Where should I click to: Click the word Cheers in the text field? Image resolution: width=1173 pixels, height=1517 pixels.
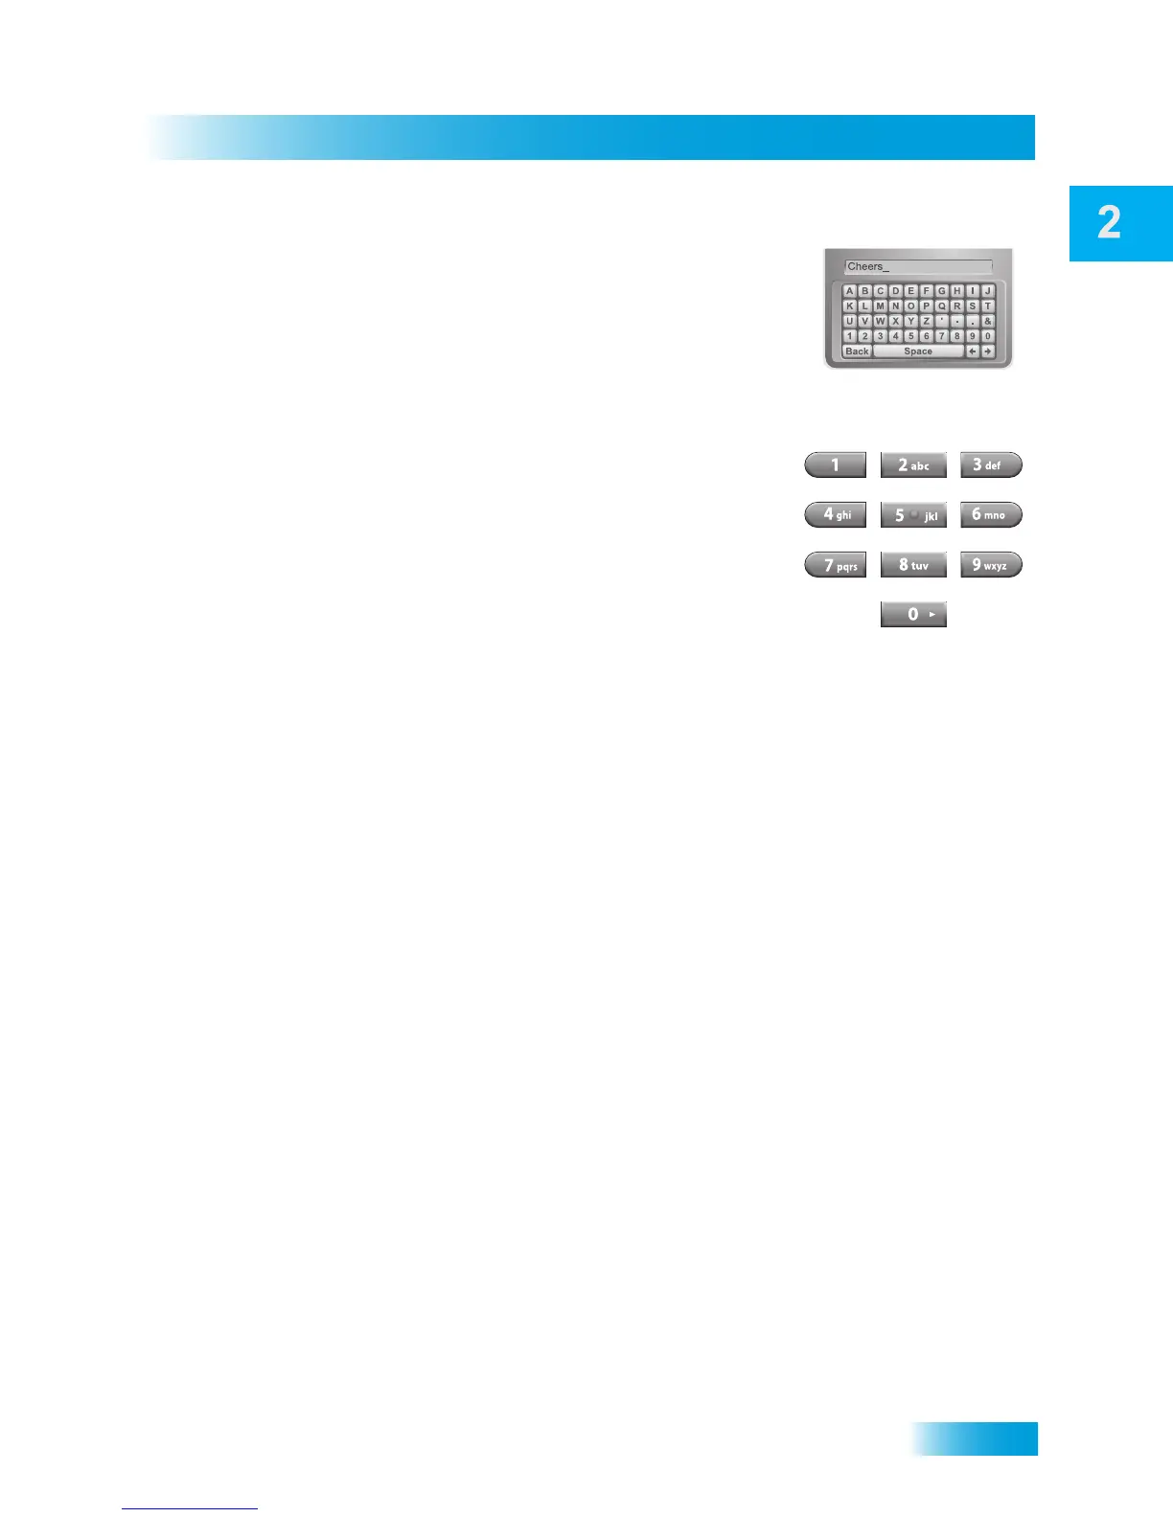tap(864, 267)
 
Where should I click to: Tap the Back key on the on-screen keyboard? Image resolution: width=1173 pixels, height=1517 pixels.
tap(857, 351)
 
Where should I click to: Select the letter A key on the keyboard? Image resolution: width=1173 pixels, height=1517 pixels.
tap(850, 291)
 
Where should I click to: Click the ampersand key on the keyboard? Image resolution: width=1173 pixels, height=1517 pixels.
tap(988, 322)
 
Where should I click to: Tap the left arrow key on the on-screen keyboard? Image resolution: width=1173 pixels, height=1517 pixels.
tap(973, 351)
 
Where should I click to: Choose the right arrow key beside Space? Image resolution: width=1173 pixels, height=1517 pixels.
tap(988, 351)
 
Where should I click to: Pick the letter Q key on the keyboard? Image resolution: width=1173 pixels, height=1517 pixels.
tap(942, 306)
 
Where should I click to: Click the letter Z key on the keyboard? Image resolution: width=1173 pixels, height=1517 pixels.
tap(927, 322)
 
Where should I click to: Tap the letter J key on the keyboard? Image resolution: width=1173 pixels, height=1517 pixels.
tap(988, 291)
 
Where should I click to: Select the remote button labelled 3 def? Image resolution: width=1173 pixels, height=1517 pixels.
tap(991, 465)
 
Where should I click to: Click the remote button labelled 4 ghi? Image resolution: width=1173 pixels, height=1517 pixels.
tap(836, 514)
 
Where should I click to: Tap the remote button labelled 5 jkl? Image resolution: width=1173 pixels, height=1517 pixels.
tap(913, 515)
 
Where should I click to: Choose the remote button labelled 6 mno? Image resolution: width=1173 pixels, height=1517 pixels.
tap(991, 514)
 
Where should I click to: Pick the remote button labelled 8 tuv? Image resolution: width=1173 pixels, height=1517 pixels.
tap(913, 565)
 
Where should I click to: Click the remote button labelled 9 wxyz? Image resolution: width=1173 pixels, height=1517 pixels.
tap(991, 565)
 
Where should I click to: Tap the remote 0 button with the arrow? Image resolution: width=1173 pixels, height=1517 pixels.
tap(913, 614)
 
